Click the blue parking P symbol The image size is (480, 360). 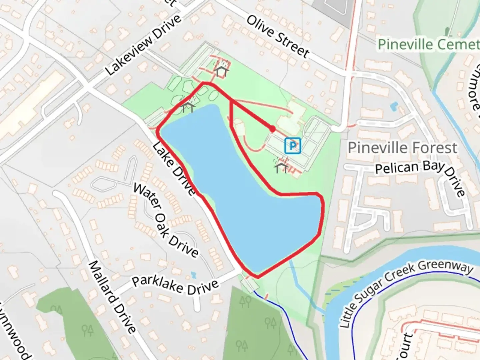pyautogui.click(x=293, y=146)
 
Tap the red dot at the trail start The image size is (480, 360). pyautogui.click(x=272, y=129)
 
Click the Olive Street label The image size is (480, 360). pyautogui.click(x=278, y=36)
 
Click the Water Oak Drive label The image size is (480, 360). pyautogui.click(x=166, y=220)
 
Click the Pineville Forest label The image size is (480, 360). pyautogui.click(x=402, y=147)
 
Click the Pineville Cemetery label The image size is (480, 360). pyautogui.click(x=428, y=45)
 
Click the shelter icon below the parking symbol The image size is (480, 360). pyautogui.click(x=281, y=167)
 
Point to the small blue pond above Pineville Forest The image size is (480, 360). pyautogui.click(x=394, y=106)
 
